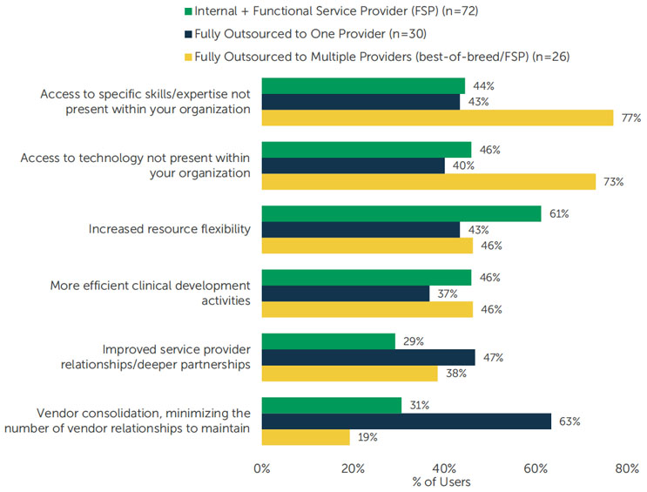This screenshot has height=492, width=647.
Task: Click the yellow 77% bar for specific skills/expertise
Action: pyautogui.click(x=435, y=118)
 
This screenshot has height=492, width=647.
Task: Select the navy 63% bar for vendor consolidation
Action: pyautogui.click(x=406, y=421)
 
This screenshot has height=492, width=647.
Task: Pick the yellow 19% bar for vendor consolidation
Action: pyautogui.click(x=305, y=437)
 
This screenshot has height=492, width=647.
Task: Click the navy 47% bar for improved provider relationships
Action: pyautogui.click(x=368, y=357)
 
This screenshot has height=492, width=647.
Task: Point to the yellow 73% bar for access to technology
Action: pyautogui.click(x=428, y=181)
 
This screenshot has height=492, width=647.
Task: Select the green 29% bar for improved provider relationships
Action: pyautogui.click(x=327, y=341)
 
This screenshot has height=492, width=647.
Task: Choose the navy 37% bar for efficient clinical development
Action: pyautogui.click(x=346, y=293)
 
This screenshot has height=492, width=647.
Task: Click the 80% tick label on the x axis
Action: pyautogui.click(x=626, y=468)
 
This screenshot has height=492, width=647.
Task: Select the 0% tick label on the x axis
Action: pyautogui.click(x=261, y=468)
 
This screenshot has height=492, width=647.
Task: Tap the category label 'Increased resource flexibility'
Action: pyautogui.click(x=170, y=230)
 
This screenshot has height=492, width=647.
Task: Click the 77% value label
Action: pyautogui.click(x=630, y=118)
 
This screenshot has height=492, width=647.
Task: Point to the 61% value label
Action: pyautogui.click(x=559, y=214)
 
